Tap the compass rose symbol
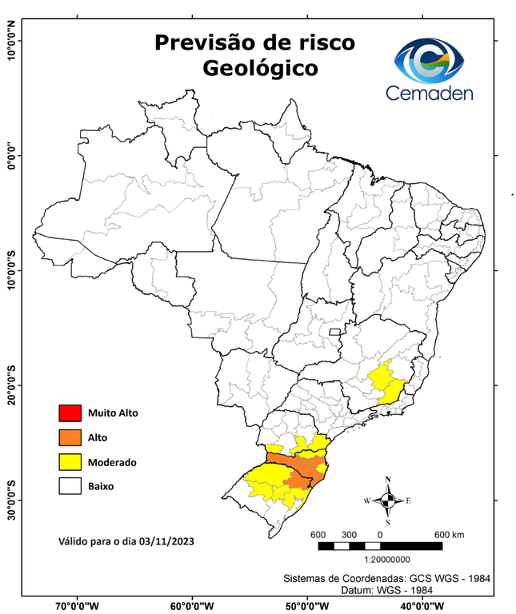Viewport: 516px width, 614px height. [x=387, y=500]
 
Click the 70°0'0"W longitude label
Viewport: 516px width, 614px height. [x=78, y=605]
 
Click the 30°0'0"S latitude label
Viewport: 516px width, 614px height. [x=12, y=500]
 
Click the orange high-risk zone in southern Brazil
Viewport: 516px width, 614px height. [x=299, y=468]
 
